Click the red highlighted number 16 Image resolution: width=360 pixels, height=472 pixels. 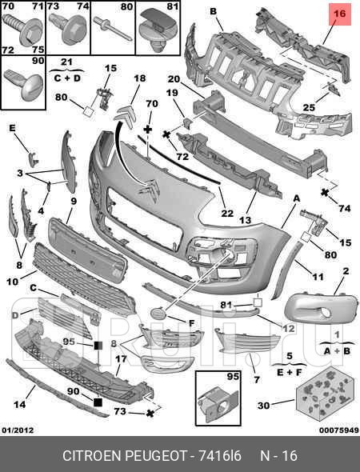coord(339,14)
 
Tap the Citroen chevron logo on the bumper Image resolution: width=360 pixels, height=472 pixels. coord(150,190)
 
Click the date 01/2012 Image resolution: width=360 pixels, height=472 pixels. coord(18,430)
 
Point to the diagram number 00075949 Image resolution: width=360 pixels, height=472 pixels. coord(339,430)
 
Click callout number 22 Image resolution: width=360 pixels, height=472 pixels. coord(227,213)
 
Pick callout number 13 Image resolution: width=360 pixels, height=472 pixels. coord(245,220)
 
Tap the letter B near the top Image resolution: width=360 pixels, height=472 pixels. coord(213,11)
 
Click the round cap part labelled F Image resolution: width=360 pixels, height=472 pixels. coord(159,314)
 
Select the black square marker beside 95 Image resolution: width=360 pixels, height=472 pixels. coord(98,346)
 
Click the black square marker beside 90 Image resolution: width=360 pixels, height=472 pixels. coord(98,402)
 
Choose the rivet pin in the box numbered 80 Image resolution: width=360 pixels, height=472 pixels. coord(112,29)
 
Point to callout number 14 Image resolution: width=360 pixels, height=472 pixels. coord(20,404)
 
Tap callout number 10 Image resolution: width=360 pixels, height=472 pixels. coord(12,282)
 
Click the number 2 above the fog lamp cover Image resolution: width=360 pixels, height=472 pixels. coord(346,271)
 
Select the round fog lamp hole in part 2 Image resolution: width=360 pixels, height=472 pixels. coord(326,313)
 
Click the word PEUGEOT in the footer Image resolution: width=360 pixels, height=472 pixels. coord(156,456)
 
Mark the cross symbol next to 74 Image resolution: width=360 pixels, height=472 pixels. coord(325,192)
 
